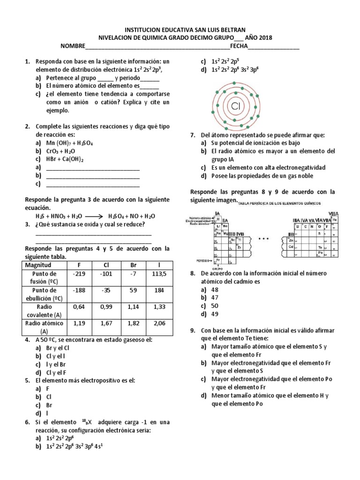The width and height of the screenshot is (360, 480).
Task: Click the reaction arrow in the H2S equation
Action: (x=95, y=216)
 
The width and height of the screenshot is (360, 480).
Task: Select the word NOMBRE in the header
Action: (x=73, y=47)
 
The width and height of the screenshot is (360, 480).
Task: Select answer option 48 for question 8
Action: (x=215, y=290)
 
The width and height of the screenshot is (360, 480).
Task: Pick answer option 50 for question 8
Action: (x=215, y=306)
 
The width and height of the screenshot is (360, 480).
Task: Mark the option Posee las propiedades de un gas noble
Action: (x=262, y=176)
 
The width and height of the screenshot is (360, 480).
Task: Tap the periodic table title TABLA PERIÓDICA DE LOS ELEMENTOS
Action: (x=280, y=203)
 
